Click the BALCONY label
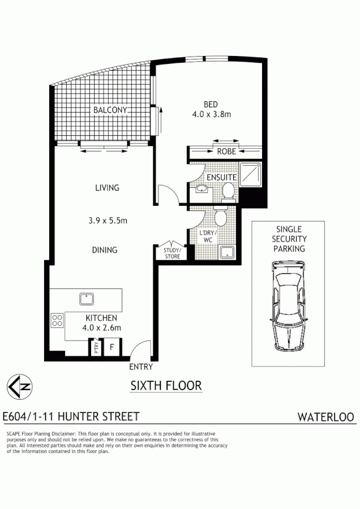coord(110,110)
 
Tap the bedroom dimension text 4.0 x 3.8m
coord(212,114)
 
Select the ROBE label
coord(226,152)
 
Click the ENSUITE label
coord(221,177)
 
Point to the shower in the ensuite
coord(249,174)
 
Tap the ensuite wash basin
coord(200,189)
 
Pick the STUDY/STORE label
coord(172,253)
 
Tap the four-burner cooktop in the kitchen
coord(57,321)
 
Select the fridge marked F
coord(112,347)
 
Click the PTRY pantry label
coord(96,347)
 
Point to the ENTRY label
coord(141,366)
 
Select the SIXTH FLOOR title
coord(166,386)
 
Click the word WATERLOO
coord(326,417)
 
